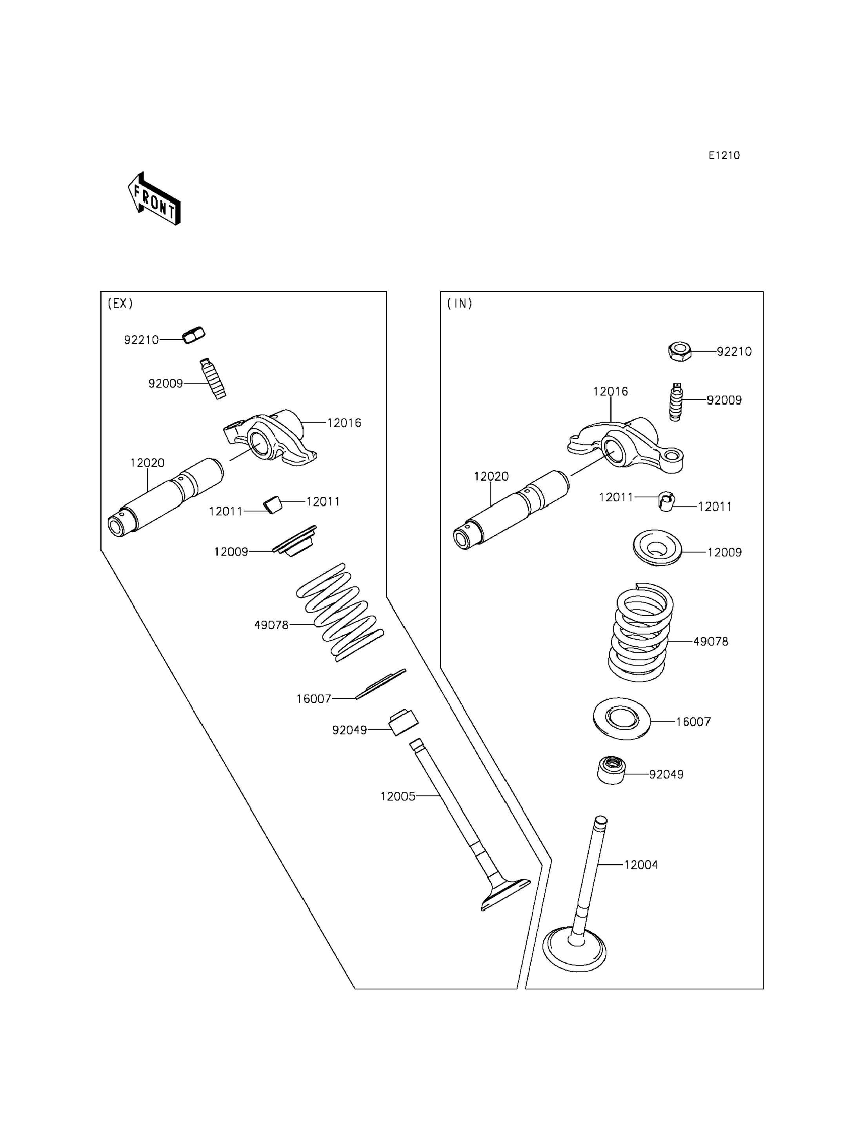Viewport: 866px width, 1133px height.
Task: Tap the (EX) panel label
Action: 120,304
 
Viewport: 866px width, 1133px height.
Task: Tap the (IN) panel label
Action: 459,304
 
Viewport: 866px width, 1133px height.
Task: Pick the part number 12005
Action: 397,797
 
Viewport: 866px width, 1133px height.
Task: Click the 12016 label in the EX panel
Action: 344,423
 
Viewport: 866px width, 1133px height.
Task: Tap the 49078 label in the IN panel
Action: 710,642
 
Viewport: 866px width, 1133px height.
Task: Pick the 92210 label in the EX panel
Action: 141,340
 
